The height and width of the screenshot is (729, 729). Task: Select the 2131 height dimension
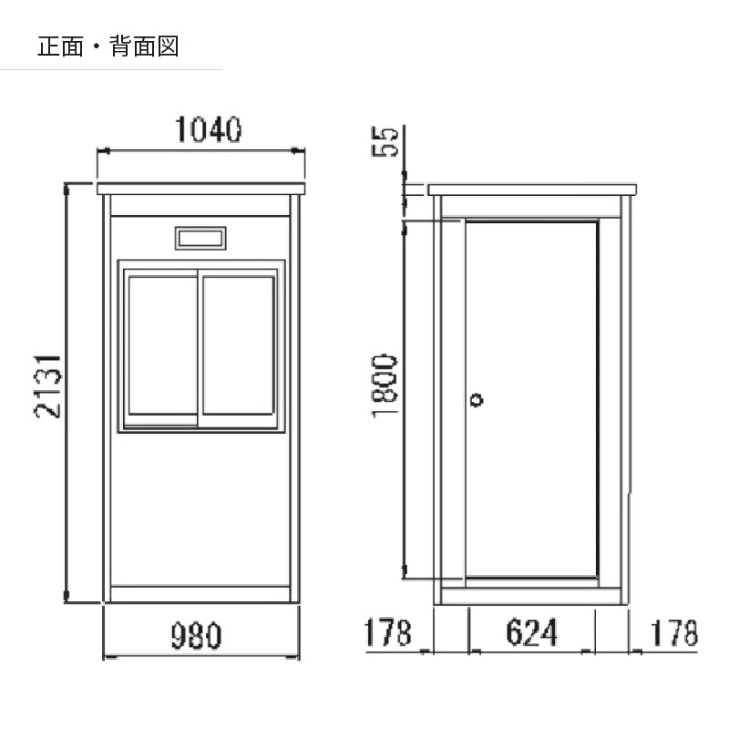(47, 386)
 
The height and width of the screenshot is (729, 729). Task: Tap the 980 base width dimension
(196, 635)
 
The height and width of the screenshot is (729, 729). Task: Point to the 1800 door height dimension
(385, 385)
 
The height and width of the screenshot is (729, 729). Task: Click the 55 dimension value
(385, 141)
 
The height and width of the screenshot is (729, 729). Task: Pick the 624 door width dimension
(531, 632)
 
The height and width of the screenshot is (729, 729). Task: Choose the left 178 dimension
(387, 632)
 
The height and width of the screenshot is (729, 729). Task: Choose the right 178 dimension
(673, 632)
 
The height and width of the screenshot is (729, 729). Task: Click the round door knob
(477, 399)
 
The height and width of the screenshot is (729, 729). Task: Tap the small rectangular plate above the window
(200, 238)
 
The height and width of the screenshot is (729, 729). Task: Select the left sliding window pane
(162, 345)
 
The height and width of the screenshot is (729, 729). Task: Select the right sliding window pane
(239, 345)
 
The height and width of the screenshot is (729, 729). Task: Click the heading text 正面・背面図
(108, 46)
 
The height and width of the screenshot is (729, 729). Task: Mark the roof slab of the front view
(200, 189)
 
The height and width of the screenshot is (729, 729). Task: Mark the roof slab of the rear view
(532, 190)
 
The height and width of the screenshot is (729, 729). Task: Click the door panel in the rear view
(531, 399)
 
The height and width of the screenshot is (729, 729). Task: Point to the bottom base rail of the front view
(200, 594)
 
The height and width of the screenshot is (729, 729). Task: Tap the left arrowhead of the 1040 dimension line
(103, 150)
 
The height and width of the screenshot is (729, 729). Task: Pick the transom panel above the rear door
(531, 207)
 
